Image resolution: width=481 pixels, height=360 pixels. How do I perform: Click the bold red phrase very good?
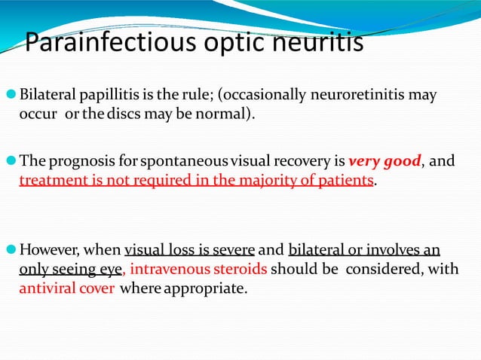(x=384, y=162)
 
